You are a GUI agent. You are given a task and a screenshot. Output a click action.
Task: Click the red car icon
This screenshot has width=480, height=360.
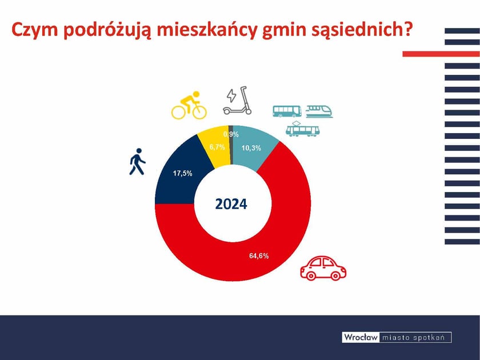coord(323,268)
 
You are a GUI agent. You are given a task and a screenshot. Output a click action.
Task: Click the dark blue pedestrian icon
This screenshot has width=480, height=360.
coord(137,162)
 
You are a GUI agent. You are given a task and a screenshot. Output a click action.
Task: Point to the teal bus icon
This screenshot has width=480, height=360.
coord(287,111)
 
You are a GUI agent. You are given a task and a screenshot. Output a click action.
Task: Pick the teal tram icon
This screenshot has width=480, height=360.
coord(303,129)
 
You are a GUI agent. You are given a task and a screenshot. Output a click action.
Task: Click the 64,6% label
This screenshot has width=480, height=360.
coord(259,255)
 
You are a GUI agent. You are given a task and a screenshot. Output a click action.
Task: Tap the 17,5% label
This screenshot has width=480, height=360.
coord(183,174)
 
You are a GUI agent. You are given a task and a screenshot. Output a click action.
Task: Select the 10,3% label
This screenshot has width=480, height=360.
coord(251,148)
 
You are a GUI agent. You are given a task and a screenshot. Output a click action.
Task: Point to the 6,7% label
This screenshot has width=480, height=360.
coord(217,147)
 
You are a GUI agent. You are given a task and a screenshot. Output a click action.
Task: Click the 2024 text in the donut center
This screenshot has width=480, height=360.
coord(231,204)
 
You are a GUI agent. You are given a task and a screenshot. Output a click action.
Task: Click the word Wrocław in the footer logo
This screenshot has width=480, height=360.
coord(360,337)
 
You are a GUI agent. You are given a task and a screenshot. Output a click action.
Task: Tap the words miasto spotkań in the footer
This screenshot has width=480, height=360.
coord(415,337)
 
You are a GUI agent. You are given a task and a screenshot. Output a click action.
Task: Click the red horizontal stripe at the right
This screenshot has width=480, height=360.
coord(441,54)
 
